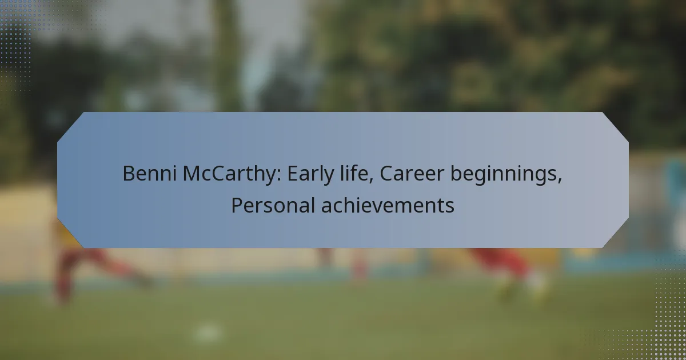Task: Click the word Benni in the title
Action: pyautogui.click(x=149, y=174)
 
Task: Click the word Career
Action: pyautogui.click(x=412, y=174)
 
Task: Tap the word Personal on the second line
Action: pyautogui.click(x=273, y=205)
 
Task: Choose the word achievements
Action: pyautogui.click(x=388, y=205)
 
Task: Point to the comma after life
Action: pyautogui.click(x=371, y=181)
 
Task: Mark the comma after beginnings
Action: pyautogui.click(x=559, y=181)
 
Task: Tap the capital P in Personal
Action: pyautogui.click(x=237, y=205)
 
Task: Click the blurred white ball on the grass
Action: pyautogui.click(x=208, y=333)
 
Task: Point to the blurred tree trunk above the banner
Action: pyautogui.click(x=226, y=55)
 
